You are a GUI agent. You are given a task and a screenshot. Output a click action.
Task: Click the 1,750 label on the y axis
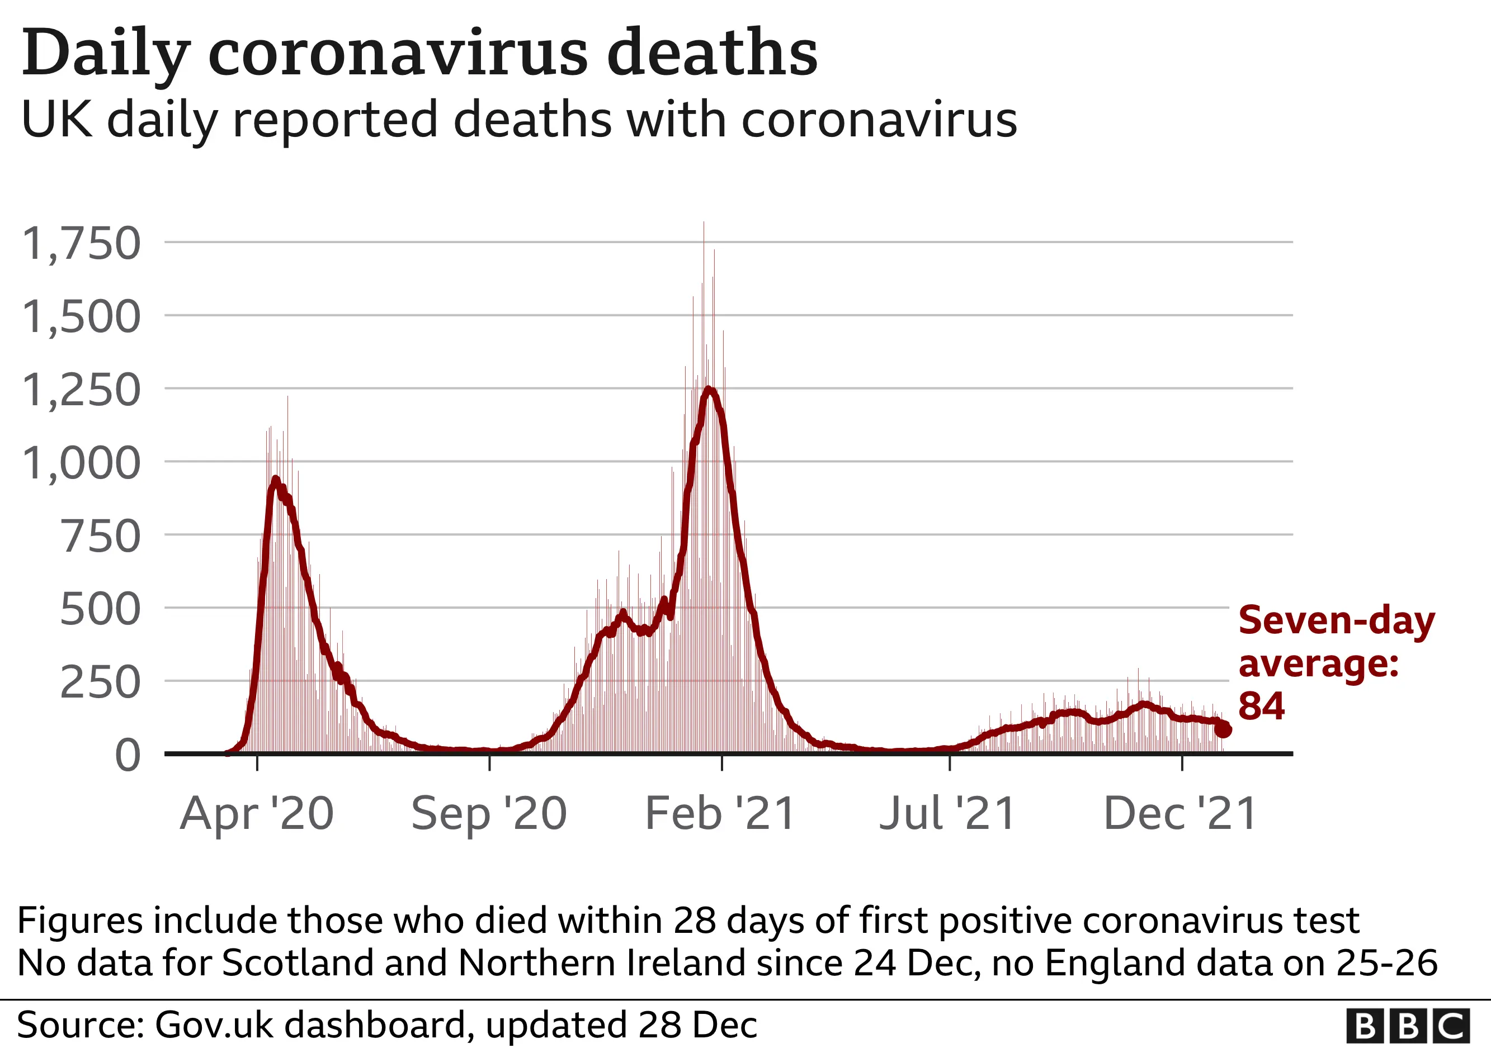click(81, 244)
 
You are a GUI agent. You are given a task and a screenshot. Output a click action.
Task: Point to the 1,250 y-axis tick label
click(81, 391)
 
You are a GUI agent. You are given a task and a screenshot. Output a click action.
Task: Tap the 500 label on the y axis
click(100, 610)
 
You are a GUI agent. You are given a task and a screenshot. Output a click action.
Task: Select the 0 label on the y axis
click(128, 756)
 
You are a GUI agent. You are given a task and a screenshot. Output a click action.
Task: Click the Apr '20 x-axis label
click(257, 814)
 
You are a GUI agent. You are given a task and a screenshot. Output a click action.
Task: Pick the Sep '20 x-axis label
click(489, 814)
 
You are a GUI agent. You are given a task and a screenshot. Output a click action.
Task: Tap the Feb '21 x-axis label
click(720, 814)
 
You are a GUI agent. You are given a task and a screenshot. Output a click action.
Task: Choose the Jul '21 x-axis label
click(947, 814)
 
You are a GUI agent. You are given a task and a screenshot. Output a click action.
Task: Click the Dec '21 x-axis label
click(1180, 814)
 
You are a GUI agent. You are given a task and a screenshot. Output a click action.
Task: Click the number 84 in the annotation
click(1261, 706)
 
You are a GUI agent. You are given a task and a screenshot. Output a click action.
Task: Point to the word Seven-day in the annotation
click(1337, 621)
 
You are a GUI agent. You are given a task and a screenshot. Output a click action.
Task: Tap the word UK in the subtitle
click(56, 120)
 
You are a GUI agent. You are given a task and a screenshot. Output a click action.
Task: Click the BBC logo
click(1407, 1027)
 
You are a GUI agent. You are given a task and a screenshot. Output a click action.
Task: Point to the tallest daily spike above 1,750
click(704, 227)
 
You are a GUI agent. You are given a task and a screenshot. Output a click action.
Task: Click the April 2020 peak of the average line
click(275, 480)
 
